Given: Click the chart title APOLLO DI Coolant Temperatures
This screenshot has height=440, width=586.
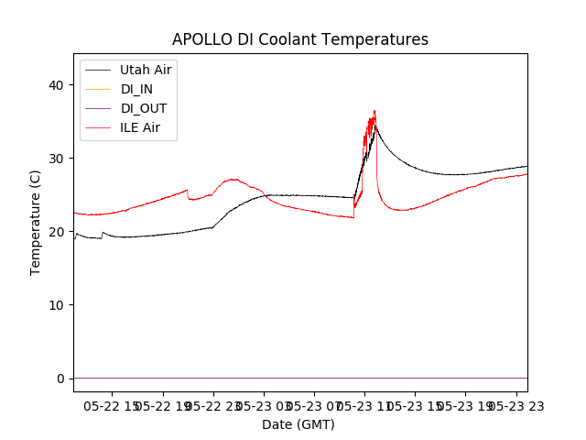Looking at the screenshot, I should pyautogui.click(x=300, y=39).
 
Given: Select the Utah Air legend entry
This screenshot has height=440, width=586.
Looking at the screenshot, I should pyautogui.click(x=146, y=70).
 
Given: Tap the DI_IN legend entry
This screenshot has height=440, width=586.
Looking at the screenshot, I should pyautogui.click(x=138, y=89).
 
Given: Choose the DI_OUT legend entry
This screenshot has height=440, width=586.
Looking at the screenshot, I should pyautogui.click(x=143, y=108).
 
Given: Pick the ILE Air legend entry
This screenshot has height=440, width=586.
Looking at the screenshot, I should pyautogui.click(x=140, y=127).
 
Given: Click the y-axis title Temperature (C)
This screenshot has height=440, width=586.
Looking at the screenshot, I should pyautogui.click(x=36, y=222).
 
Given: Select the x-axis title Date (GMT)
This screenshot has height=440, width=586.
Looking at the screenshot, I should pyautogui.click(x=298, y=424).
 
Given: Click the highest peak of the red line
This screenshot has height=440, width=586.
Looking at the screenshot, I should pyautogui.click(x=374, y=111).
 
